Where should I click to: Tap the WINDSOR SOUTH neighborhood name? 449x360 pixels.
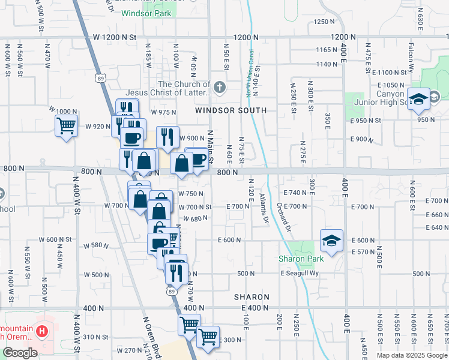(231, 110)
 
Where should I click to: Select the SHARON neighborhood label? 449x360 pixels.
(252, 297)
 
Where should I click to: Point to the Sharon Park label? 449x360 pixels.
(301, 259)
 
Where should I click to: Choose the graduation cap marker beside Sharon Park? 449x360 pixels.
(331, 241)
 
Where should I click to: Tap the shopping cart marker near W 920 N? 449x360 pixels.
(66, 127)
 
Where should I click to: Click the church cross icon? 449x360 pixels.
(220, 88)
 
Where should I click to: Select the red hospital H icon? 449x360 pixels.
(41, 331)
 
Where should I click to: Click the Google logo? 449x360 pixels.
(20, 353)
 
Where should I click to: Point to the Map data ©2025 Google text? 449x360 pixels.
(412, 355)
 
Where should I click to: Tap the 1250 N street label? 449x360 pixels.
(324, 22)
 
